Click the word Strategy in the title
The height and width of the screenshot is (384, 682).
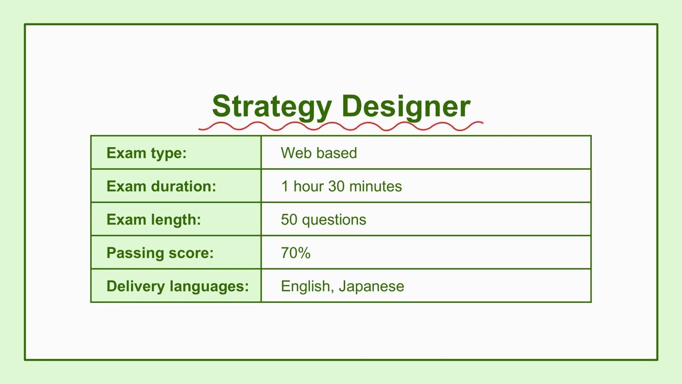click(x=271, y=107)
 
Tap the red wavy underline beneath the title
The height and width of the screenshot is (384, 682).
click(x=341, y=126)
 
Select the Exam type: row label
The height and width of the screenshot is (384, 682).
click(x=147, y=153)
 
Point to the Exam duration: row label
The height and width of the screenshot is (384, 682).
click(x=161, y=186)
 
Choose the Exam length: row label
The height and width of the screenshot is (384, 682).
click(x=153, y=220)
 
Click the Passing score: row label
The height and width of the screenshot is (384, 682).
click(x=160, y=253)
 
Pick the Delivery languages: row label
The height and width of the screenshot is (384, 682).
click(x=177, y=286)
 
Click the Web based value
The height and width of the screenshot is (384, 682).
click(x=319, y=153)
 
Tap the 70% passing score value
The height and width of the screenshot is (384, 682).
click(x=295, y=253)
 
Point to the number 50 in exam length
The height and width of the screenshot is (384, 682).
click(x=289, y=220)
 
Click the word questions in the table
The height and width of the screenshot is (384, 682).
click(x=334, y=220)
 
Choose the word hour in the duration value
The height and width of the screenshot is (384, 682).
click(x=308, y=186)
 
